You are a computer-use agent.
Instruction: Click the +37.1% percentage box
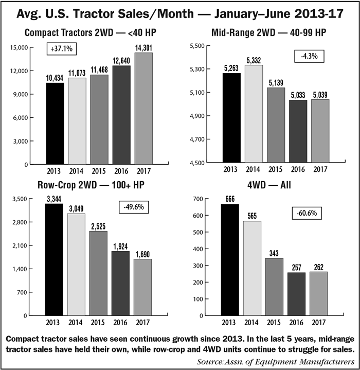click(62, 49)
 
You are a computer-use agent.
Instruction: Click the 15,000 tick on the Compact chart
click(19, 47)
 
